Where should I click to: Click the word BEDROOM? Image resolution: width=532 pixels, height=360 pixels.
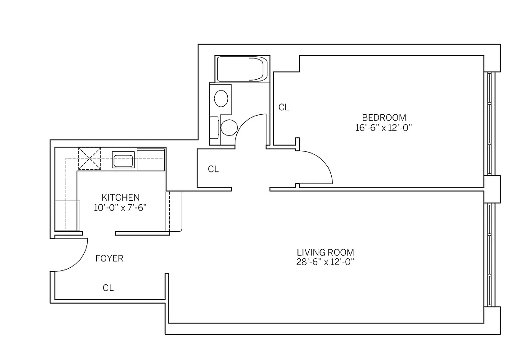click(x=383, y=118)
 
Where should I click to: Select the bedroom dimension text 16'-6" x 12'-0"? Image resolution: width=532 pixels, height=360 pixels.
click(x=383, y=128)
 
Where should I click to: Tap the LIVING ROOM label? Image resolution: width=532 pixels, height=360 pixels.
click(x=325, y=252)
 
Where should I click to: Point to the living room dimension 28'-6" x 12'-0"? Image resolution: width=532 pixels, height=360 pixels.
click(x=325, y=262)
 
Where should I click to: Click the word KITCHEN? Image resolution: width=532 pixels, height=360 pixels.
click(x=120, y=197)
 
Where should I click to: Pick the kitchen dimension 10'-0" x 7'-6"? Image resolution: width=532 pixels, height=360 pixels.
click(x=120, y=207)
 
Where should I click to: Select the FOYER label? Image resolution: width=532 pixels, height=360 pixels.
click(x=109, y=259)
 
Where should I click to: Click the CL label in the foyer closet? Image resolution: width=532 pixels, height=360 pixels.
click(x=108, y=288)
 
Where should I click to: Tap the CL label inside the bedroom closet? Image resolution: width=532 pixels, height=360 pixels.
click(x=284, y=108)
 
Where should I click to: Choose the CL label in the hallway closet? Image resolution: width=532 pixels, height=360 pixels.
click(x=213, y=170)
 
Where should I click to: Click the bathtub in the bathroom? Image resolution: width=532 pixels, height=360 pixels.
click(x=241, y=69)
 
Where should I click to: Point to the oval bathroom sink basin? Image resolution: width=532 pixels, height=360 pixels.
click(x=221, y=99)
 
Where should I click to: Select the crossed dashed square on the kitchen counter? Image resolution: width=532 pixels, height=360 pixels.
click(x=90, y=159)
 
